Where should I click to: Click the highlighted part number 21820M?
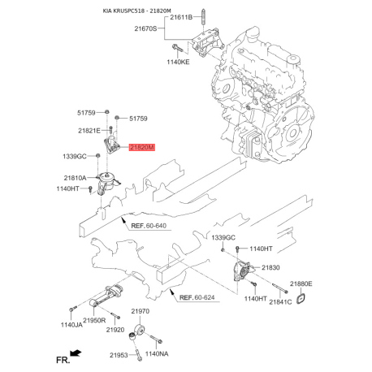pos(141,147)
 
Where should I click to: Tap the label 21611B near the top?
pos(181,18)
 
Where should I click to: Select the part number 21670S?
pos(145,28)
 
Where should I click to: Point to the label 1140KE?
pos(178,62)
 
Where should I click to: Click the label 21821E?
pos(89,131)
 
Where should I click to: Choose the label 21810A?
pos(75,178)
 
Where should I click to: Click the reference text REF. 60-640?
pos(149,226)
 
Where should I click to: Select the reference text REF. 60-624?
pos(197,297)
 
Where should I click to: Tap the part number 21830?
pos(270,267)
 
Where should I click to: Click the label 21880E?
pos(301,283)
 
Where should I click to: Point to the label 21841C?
pos(280,302)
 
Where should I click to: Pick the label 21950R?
pos(94,320)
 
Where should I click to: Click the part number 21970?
pos(140,311)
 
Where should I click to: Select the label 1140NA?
pos(157,353)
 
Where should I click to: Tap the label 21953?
pos(119,355)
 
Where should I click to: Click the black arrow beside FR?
pos(76,353)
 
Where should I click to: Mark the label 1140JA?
pos(71,325)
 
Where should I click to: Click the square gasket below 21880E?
pos(301,298)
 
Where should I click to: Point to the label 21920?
pos(115,330)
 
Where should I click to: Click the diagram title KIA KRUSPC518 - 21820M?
pos(136,11)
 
